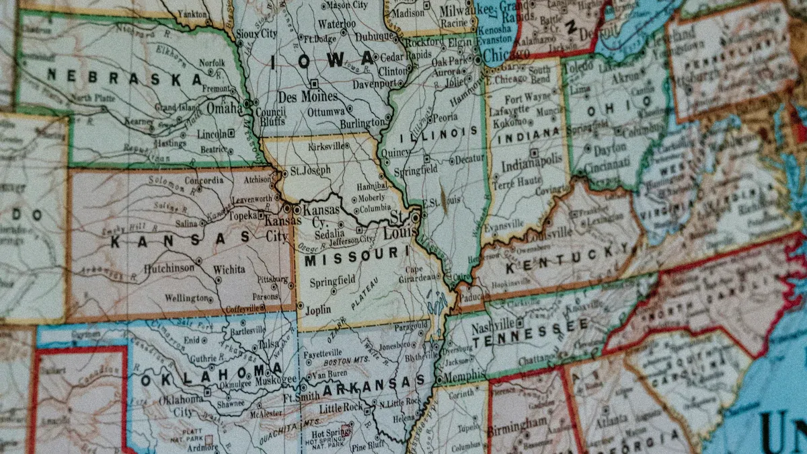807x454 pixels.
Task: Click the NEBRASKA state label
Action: click(124, 77)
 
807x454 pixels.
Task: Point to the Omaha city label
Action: click(224, 108)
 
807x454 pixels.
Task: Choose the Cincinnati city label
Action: click(607, 164)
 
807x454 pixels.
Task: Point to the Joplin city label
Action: click(318, 311)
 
